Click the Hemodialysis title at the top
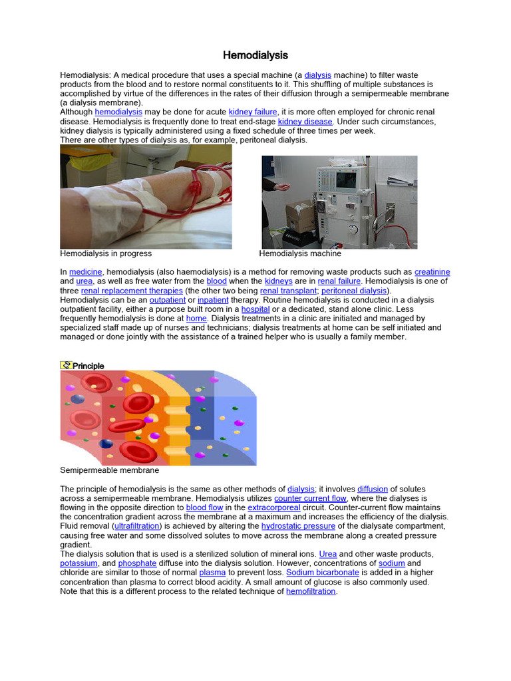255,55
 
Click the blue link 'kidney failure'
252,112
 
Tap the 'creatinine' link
432,272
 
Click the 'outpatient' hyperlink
167,300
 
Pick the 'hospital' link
255,309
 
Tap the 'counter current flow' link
310,498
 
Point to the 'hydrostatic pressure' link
299,526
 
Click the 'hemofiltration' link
311,591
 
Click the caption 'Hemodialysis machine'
300,253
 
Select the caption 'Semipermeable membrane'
109,470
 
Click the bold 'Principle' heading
88,366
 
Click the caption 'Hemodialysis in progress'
106,253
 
